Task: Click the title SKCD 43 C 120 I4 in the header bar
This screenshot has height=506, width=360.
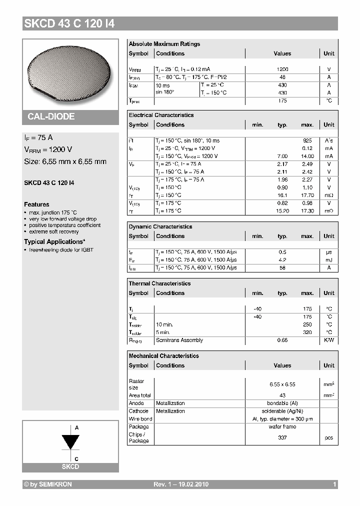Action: pos(69,23)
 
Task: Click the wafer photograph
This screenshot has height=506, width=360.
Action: pos(70,72)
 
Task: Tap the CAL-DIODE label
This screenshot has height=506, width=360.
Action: pos(51,116)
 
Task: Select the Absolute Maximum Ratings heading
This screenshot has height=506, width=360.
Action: pos(164,44)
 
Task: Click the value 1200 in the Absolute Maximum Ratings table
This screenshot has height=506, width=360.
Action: pos(282,69)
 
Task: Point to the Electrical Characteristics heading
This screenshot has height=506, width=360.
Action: pos(161,115)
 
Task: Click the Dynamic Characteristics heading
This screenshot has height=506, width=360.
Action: pos(160,226)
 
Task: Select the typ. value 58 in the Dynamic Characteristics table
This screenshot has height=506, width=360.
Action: pos(282,268)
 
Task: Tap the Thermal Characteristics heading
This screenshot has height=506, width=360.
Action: pos(159,283)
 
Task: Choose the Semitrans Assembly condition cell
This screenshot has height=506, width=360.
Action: pos(179,340)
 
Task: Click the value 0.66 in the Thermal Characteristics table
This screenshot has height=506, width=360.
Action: pos(282,340)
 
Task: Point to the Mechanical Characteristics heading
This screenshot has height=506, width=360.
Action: pos(163,356)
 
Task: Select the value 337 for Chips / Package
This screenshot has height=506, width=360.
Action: pos(282,437)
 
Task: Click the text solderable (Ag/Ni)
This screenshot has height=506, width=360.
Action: pos(282,411)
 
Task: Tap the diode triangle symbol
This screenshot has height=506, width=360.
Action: pos(70,442)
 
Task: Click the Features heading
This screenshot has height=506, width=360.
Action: pos(36,204)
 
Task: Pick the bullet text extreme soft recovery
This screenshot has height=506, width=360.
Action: pos(53,231)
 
